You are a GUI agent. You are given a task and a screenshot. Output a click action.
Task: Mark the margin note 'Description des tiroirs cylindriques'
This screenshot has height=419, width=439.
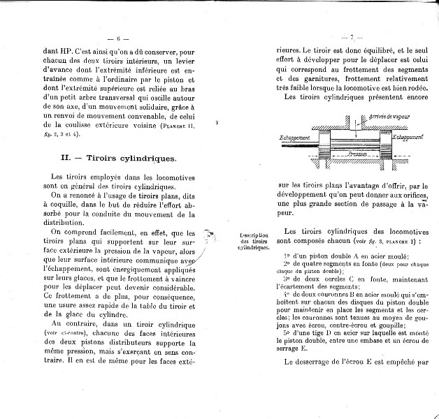pyautogui.click(x=253, y=242)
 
